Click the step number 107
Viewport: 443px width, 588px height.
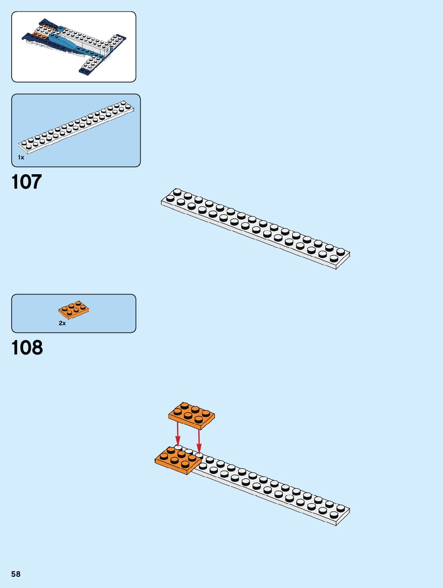(27, 182)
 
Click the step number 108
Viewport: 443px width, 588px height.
(27, 348)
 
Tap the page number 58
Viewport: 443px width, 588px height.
(16, 574)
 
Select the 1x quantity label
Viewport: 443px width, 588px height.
(21, 157)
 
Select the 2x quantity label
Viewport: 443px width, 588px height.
(62, 323)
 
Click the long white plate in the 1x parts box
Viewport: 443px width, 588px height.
(76, 127)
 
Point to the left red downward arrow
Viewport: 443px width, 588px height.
(177, 437)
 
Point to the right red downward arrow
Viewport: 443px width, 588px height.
(199, 441)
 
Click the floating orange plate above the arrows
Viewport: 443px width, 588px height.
(191, 415)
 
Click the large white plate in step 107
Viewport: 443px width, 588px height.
(256, 228)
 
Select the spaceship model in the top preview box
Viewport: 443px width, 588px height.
(74, 46)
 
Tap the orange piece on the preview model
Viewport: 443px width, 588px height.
(40, 35)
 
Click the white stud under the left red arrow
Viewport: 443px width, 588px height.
(178, 447)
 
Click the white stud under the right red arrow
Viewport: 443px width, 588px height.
(199, 455)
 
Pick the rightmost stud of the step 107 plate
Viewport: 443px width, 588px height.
(341, 251)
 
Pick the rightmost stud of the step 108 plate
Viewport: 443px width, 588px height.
(341, 507)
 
